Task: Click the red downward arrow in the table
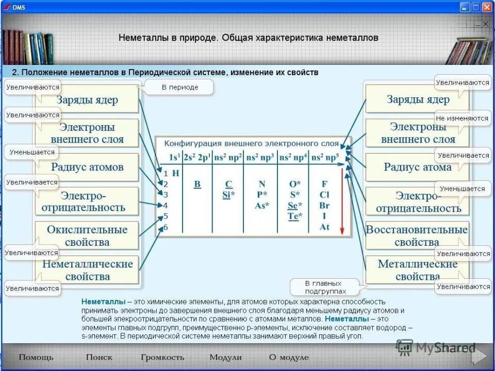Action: coord(341,201)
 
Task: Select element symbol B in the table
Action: coord(197,184)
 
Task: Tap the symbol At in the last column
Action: coord(324,227)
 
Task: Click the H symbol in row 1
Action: coord(176,173)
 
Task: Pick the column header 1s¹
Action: coord(174,157)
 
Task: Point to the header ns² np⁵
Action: coord(324,157)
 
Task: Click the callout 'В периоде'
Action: coord(179,88)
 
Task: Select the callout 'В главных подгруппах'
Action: coord(323,287)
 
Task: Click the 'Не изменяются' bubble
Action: coord(462,118)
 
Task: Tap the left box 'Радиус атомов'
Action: coord(87,167)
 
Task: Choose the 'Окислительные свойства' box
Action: coord(87,235)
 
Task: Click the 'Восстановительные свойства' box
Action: coord(417,235)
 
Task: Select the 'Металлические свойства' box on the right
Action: coord(417,269)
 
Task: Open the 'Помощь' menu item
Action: coord(36,357)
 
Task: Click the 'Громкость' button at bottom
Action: coord(162,357)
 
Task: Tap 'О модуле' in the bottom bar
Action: coord(289,357)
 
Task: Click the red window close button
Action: coord(487,7)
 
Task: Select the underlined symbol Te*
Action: coord(294,216)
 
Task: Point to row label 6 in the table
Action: coord(166,227)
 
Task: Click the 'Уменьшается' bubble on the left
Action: coord(30,153)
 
